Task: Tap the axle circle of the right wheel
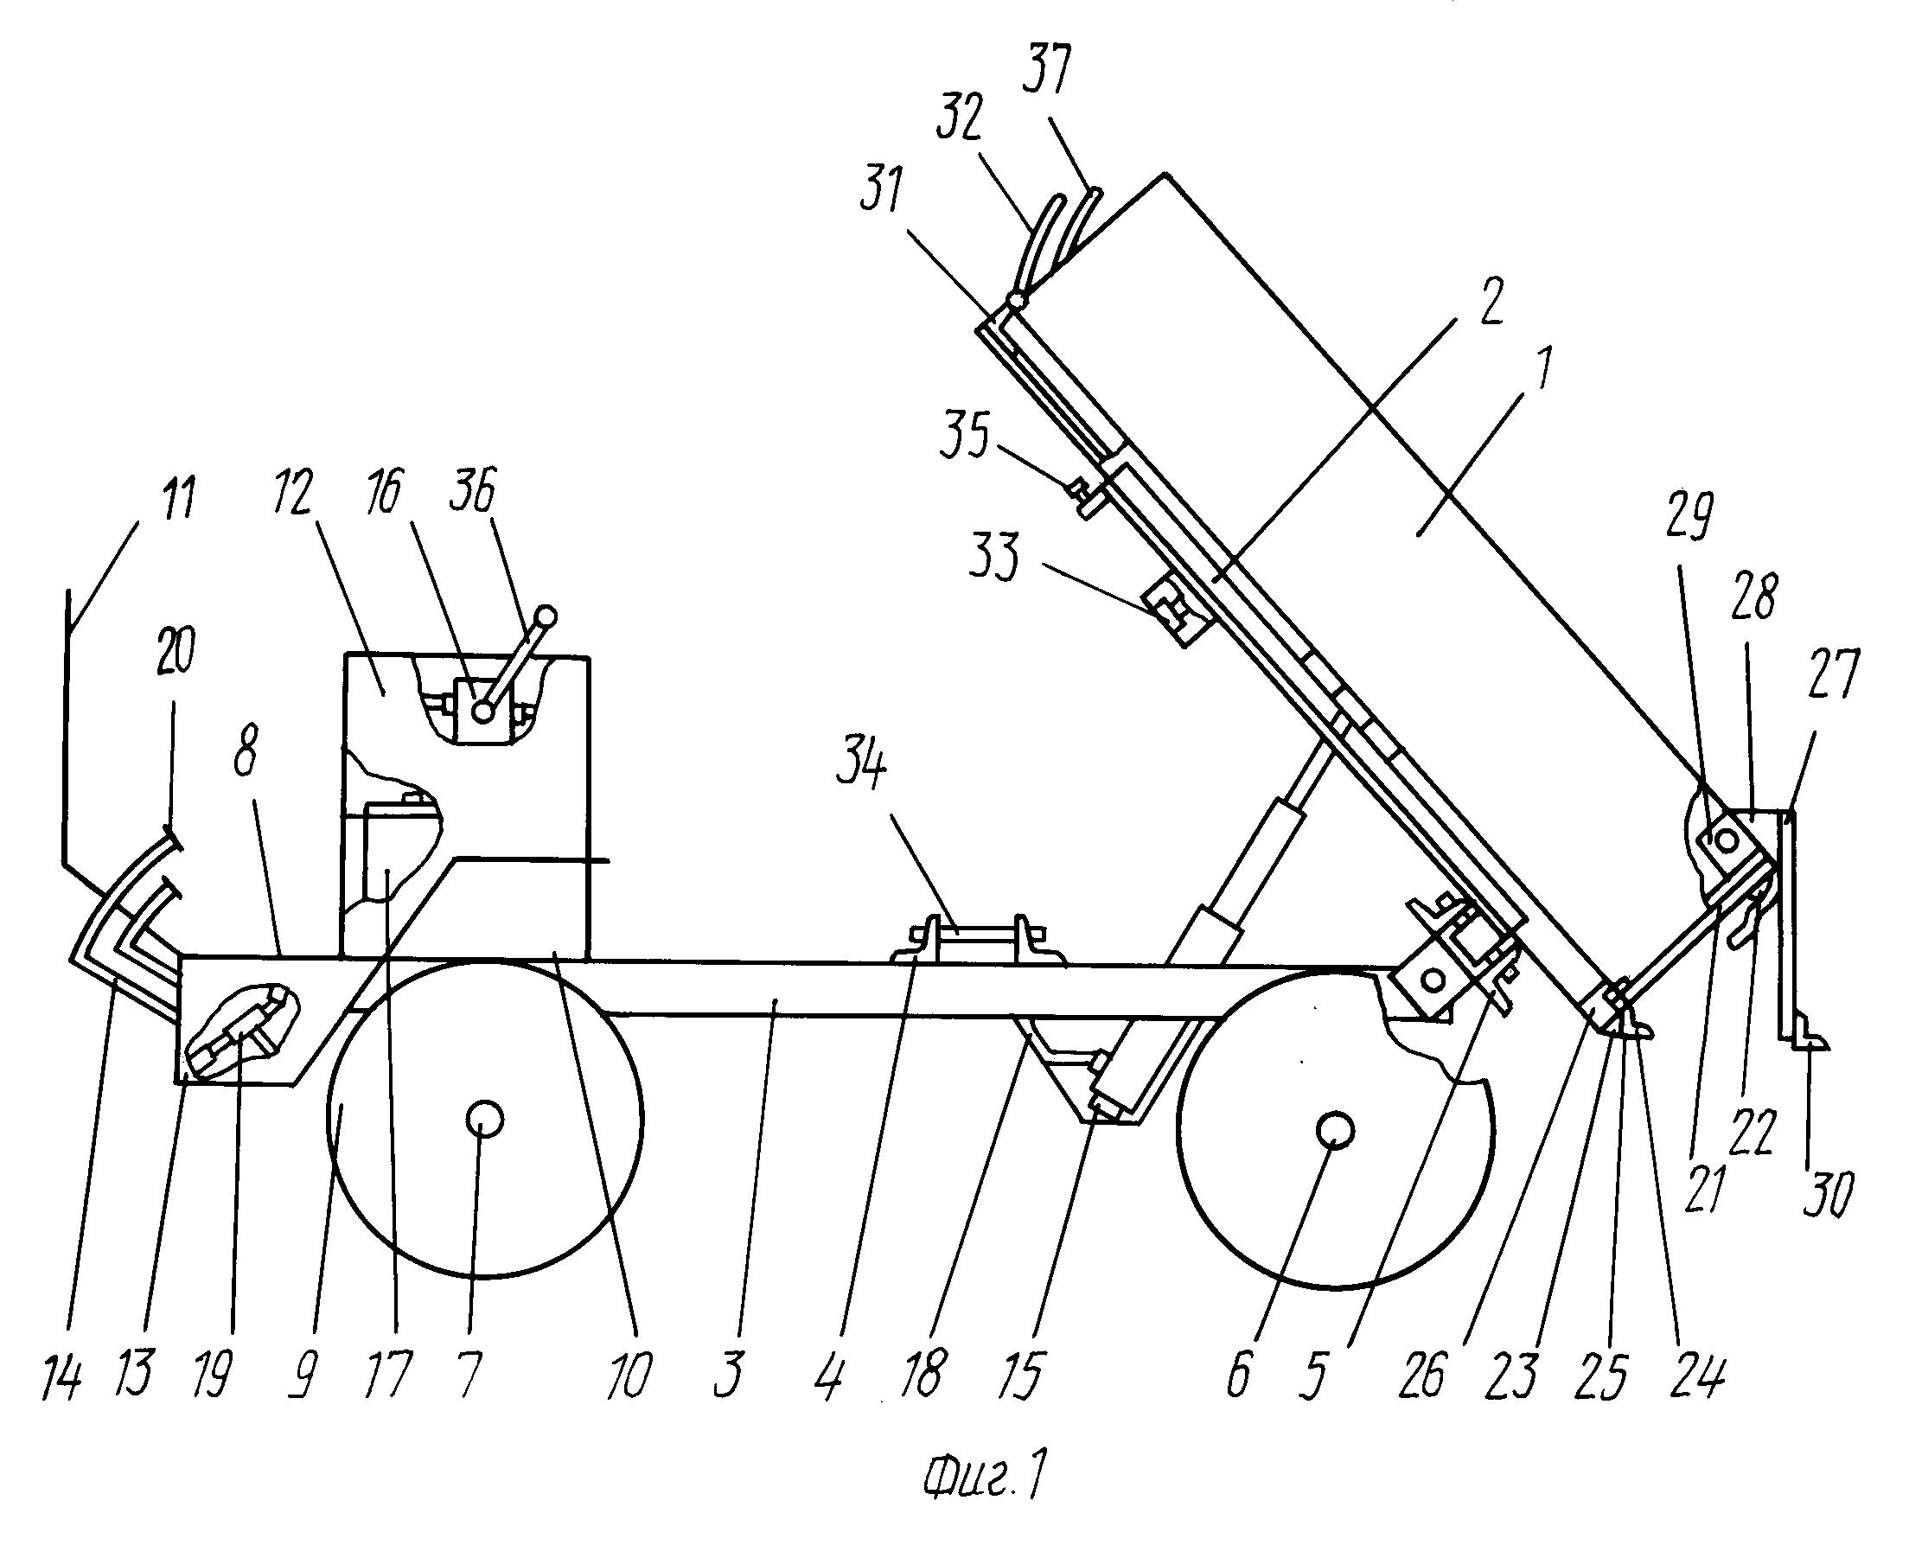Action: (x=1336, y=1129)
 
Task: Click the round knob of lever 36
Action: (x=546, y=616)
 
